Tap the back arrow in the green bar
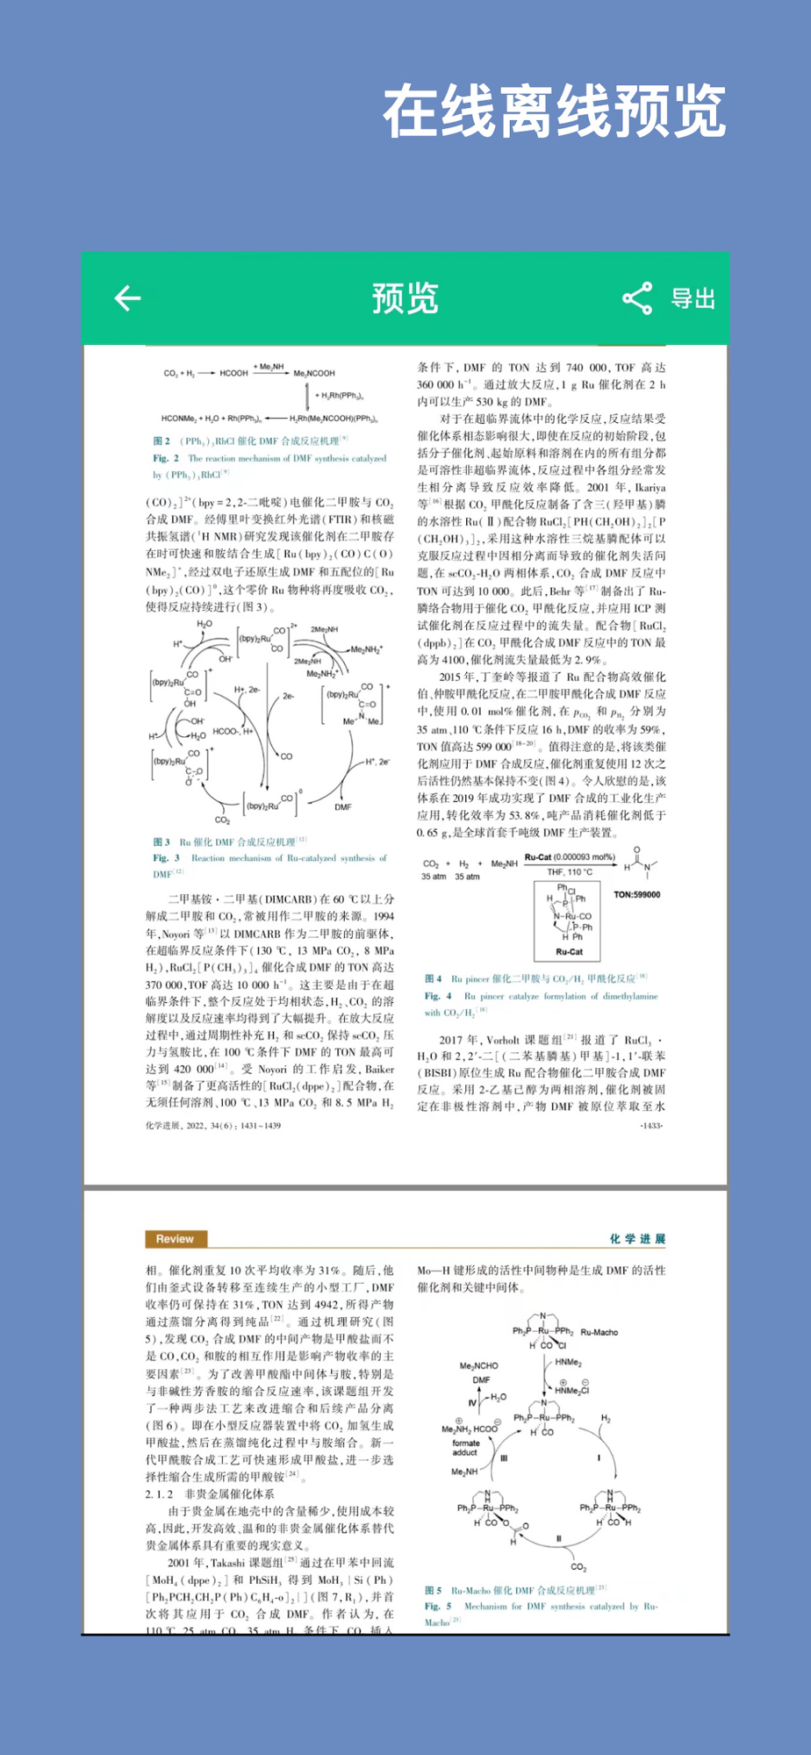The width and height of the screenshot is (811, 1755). coord(128,298)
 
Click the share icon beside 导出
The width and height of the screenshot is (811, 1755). coord(637,298)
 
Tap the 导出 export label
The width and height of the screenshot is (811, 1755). coord(693,298)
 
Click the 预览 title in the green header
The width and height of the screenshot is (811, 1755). coord(405,298)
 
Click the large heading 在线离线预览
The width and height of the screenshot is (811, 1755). coord(554,111)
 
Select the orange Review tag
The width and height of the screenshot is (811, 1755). coord(176,1239)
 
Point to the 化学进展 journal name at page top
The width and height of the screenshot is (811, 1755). coord(637,1239)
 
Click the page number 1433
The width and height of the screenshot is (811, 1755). coord(652,1125)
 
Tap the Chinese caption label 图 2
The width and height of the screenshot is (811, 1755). coord(161,441)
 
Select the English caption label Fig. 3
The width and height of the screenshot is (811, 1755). coord(166,858)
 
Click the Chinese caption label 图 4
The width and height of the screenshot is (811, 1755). coord(433,978)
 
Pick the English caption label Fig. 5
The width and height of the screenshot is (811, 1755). coord(437,1607)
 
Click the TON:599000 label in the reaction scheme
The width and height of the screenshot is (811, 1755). coord(637,895)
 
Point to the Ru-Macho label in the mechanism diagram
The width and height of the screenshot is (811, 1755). coord(599,1332)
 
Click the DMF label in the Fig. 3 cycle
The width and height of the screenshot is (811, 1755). coord(342,806)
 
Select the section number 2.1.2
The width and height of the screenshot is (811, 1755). coord(159,1494)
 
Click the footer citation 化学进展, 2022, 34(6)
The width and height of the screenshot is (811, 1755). coord(213,1125)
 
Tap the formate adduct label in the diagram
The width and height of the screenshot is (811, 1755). coord(466,1448)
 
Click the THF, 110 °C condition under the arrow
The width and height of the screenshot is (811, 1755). coord(570,872)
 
